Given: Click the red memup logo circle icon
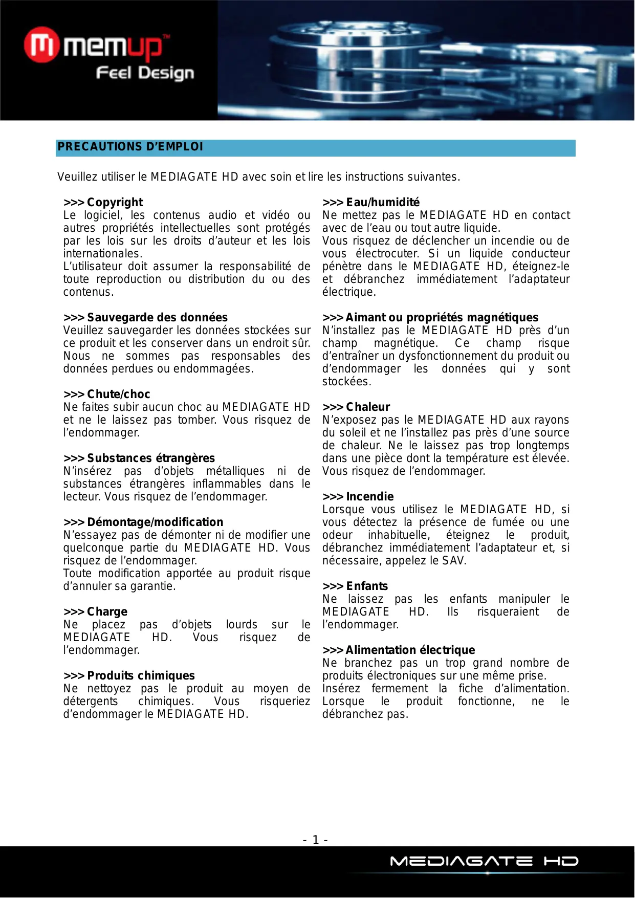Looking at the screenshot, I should tap(41, 45).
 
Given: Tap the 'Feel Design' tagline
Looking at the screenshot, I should tap(145, 73).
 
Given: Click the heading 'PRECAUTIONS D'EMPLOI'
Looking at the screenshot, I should tap(130, 147).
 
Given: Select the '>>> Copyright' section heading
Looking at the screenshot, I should tap(103, 202).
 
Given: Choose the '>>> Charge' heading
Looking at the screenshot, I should tap(96, 611).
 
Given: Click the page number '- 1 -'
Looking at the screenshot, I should tap(316, 840).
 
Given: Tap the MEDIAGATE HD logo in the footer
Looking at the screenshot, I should tap(484, 862).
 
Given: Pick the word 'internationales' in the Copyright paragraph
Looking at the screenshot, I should tap(102, 254).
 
